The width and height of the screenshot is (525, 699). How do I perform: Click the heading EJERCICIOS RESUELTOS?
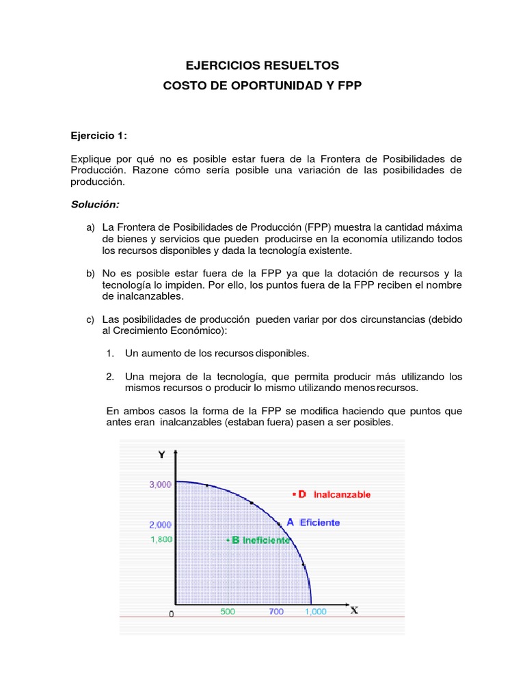pos(262,66)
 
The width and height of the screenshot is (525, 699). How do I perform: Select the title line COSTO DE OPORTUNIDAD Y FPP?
pos(262,87)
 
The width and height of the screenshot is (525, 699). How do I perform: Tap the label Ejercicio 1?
pos(99,136)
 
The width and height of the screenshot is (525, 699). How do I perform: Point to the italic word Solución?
pos(95,204)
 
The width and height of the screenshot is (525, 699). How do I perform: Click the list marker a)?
pos(90,227)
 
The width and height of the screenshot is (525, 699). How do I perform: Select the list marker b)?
pos(90,273)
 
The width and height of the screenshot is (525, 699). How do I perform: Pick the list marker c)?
pos(90,319)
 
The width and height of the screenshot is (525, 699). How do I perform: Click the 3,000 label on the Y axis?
pos(160,485)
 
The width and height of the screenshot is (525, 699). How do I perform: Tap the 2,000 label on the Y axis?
pos(160,525)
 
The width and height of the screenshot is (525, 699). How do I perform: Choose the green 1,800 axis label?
pos(161,539)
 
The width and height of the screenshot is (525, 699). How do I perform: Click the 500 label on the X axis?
pos(228,612)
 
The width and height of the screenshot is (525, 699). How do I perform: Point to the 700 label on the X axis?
pos(276,612)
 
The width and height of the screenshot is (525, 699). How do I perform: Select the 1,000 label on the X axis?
pos(315,612)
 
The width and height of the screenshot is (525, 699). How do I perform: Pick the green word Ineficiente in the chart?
pos(267,540)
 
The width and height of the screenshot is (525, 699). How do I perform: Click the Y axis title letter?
pos(161,455)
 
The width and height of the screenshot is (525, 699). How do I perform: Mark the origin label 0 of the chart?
pos(172,614)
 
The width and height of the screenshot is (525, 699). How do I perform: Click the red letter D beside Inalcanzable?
pos(301,494)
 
